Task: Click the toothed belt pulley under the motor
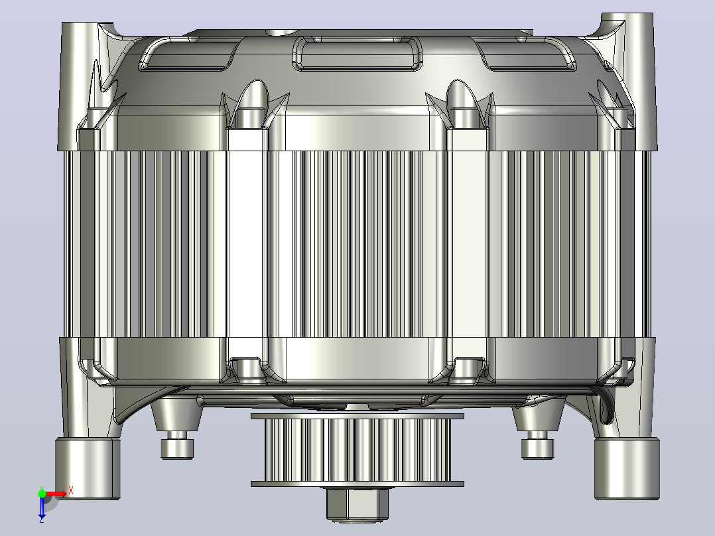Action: pyautogui.click(x=357, y=450)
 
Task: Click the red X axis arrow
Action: pyautogui.click(x=56, y=494)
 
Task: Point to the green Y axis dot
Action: pyautogui.click(x=42, y=494)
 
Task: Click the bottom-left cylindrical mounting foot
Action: pyautogui.click(x=88, y=468)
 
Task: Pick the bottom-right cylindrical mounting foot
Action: pyautogui.click(x=627, y=468)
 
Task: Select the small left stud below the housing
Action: pyautogui.click(x=177, y=448)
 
